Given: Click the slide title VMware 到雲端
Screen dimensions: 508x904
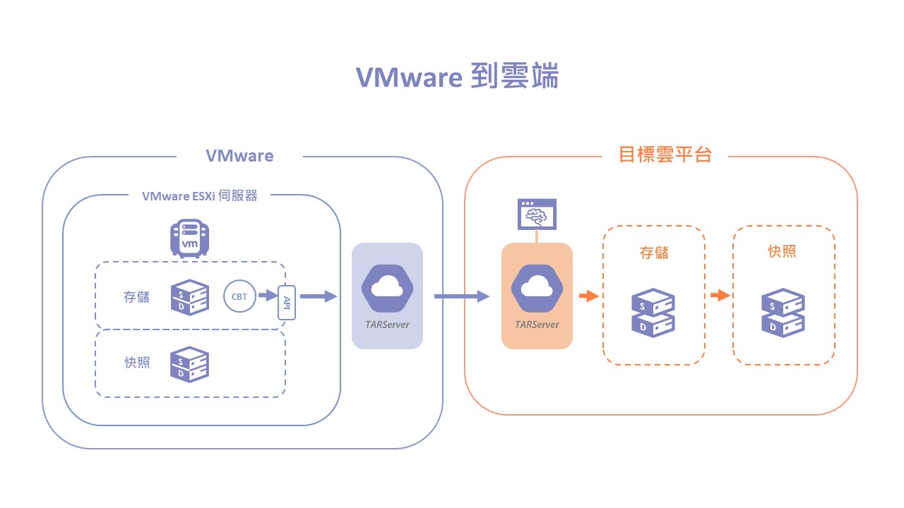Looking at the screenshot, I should (457, 77).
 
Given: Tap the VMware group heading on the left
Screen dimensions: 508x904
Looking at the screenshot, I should (239, 155).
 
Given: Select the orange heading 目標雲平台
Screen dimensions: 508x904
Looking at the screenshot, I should (665, 155).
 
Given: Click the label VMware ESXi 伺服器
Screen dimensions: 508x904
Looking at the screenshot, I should (200, 196).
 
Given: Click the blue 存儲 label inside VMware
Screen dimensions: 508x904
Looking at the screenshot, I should (136, 297).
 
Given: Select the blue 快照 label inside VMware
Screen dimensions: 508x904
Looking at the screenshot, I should (136, 363).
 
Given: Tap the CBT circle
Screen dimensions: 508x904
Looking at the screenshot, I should (239, 296).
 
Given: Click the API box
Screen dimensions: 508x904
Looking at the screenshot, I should (287, 302).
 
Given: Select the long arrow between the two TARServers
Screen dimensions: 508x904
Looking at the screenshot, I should (461, 296).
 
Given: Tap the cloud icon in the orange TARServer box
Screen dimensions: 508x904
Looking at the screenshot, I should (537, 286).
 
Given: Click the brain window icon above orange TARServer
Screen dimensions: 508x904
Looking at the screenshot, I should (537, 214).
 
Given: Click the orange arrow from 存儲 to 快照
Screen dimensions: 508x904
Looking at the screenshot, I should (719, 296).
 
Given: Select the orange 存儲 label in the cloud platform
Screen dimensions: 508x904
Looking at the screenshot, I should (654, 252).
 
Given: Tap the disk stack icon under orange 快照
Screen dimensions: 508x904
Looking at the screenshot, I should (783, 313).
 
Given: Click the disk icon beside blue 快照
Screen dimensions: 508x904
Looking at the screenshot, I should (190, 364).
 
